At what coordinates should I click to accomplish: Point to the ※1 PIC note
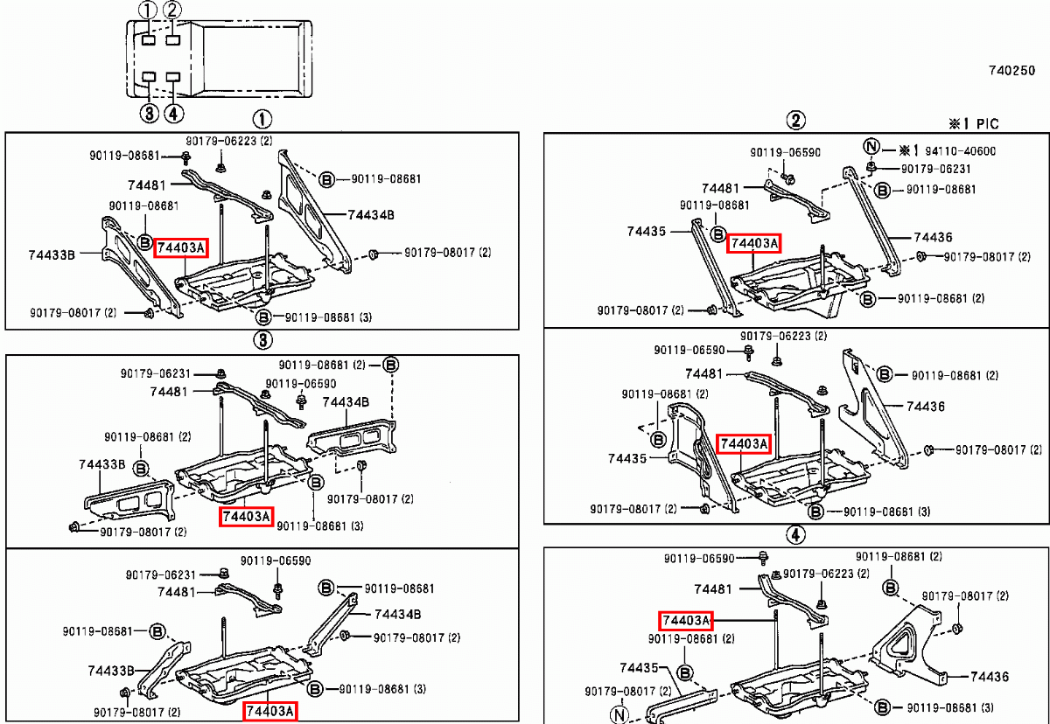click(x=973, y=124)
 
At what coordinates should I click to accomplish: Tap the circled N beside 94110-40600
click(x=871, y=146)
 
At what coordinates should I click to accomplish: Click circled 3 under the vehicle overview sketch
click(x=148, y=112)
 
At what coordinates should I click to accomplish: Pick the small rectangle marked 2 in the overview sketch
click(x=173, y=39)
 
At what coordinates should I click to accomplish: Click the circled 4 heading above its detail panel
click(x=794, y=534)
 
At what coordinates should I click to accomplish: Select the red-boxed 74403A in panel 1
click(x=180, y=248)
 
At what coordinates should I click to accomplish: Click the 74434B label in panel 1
click(x=371, y=214)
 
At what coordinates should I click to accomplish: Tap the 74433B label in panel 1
click(x=52, y=254)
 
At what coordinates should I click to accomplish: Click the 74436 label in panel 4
click(x=990, y=677)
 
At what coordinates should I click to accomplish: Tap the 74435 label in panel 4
click(x=639, y=668)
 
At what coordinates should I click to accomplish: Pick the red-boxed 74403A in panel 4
click(x=685, y=621)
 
